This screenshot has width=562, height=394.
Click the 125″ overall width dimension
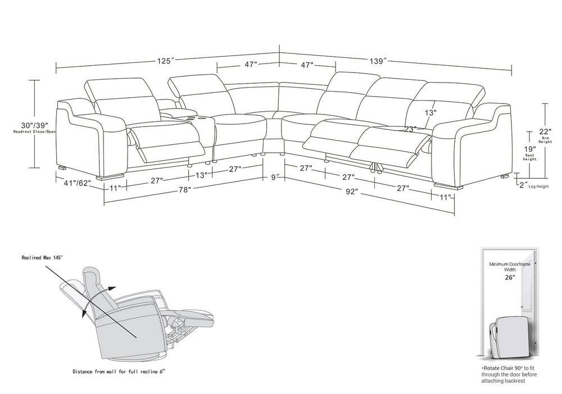[165, 61]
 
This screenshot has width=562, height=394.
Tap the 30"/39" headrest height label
[34, 125]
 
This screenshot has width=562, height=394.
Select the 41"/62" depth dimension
[77, 183]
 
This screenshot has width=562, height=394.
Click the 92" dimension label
[352, 192]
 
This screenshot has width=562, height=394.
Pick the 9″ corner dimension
[275, 177]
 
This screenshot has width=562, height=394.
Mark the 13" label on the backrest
[430, 112]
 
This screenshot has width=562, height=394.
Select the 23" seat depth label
[410, 129]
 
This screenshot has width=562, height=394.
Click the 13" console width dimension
[201, 175]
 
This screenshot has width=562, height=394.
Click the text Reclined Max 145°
[42, 257]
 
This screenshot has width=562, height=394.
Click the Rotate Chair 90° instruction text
[505, 374]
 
